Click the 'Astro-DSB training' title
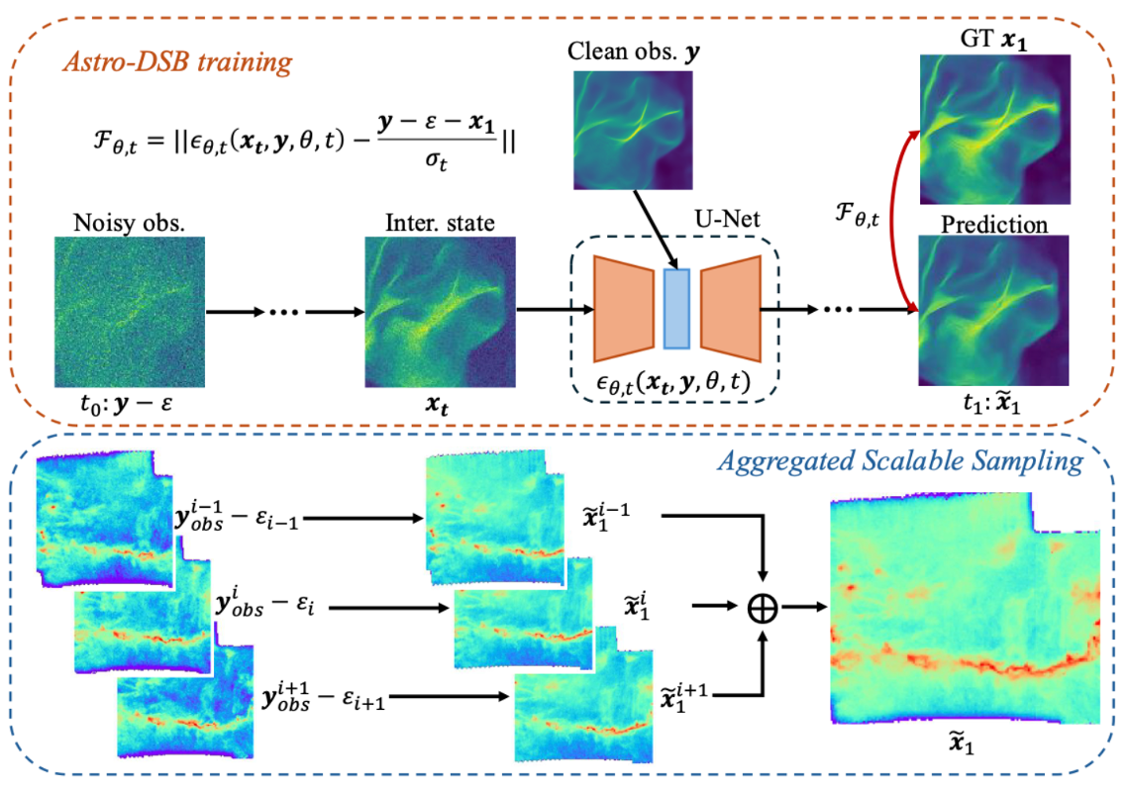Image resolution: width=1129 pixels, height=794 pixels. tap(177, 62)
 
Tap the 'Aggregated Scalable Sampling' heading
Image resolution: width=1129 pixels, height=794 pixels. tap(900, 461)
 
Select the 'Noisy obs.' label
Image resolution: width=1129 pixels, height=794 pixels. tap(129, 223)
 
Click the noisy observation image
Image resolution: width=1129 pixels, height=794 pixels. tap(130, 312)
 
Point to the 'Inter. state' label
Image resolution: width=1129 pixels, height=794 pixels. tap(440, 223)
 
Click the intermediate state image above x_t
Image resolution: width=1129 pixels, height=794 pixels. tap(440, 312)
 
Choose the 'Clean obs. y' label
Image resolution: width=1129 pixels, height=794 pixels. tap(634, 51)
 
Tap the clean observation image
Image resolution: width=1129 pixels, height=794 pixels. tap(633, 131)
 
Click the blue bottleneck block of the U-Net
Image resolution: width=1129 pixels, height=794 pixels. tap(676, 309)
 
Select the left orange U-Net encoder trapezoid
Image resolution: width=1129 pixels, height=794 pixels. tap(624, 308)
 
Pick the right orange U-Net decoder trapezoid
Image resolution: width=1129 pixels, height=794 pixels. tap(731, 308)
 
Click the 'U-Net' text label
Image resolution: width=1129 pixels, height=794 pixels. tap(727, 219)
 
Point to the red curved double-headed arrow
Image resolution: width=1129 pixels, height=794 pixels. tap(893, 221)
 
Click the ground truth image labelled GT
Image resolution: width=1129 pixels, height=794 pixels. tap(995, 130)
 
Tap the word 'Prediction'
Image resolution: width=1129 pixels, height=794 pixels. tap(994, 225)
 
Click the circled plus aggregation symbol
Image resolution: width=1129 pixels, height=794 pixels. tap(763, 608)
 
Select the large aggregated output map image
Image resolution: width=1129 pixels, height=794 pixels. tap(966, 608)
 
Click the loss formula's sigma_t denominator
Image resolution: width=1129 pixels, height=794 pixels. tap(436, 159)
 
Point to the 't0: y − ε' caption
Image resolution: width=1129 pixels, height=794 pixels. tap(127, 404)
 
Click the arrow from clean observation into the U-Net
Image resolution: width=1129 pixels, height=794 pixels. tap(656, 230)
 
